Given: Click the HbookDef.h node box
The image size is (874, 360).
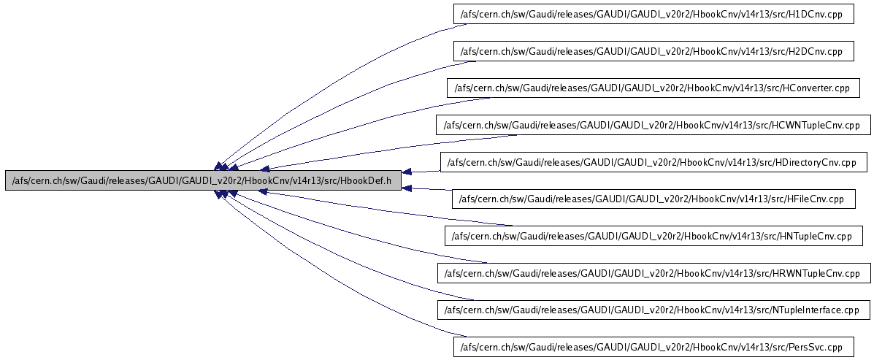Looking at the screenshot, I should click(203, 180).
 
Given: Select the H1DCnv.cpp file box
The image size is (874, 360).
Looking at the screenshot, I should click(653, 14).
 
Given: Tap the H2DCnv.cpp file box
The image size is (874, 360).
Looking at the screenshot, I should click(653, 51).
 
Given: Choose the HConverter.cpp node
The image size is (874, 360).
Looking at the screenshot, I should click(653, 88).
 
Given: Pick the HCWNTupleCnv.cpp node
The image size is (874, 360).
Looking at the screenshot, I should click(653, 125).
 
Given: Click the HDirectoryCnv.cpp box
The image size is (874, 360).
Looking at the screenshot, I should click(653, 162).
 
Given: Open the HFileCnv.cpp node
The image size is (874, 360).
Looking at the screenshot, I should click(653, 199).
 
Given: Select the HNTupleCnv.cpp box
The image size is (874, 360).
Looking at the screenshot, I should click(653, 236).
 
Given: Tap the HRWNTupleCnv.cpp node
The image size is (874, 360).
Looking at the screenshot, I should click(653, 273).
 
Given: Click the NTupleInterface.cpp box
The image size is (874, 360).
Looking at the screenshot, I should click(653, 310).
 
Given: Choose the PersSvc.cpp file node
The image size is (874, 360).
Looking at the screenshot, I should click(653, 347).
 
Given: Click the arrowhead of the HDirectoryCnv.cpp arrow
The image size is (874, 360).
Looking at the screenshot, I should click(407, 172).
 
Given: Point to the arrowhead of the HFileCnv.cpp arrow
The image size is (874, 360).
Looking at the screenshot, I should click(407, 188).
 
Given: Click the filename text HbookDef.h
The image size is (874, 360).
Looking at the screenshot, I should click(368, 180).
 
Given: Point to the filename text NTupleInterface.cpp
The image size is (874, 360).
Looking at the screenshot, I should click(815, 310).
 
